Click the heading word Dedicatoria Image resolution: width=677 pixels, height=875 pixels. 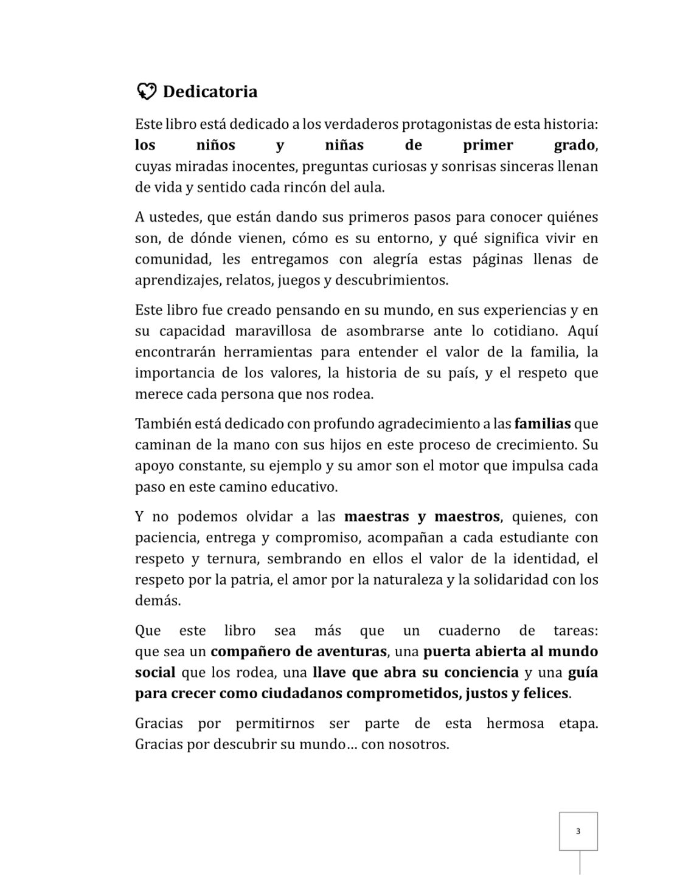point(210,92)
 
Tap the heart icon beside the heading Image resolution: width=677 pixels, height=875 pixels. point(146,91)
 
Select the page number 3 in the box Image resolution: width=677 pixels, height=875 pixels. point(578,831)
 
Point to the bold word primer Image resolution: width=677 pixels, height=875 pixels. point(488,145)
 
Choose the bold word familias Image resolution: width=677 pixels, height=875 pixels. point(543,424)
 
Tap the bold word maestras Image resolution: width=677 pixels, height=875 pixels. point(377,517)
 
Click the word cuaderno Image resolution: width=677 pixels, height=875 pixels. point(469,631)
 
